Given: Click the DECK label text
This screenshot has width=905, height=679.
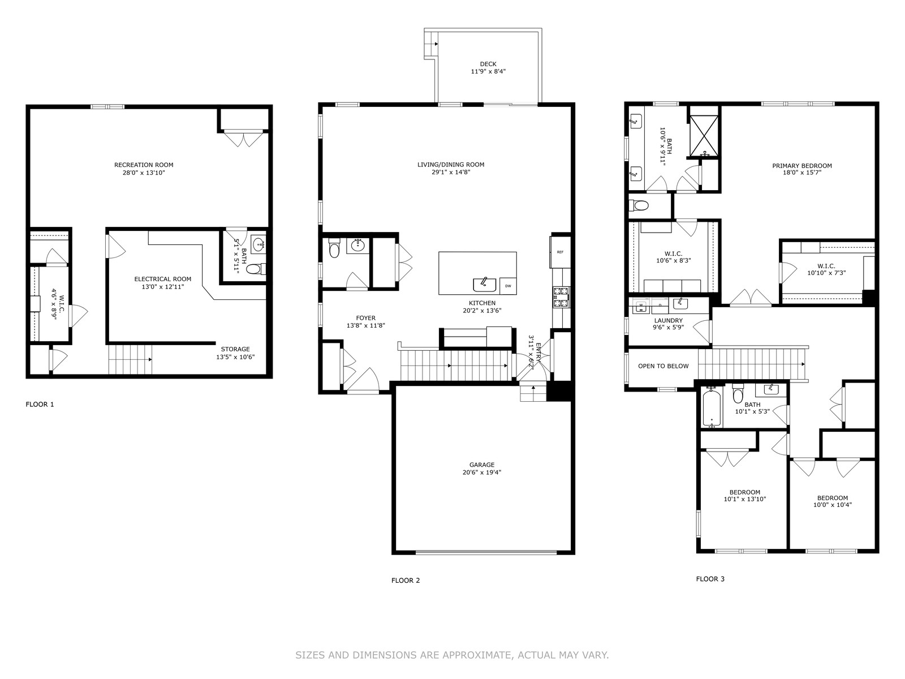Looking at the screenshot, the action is (488, 64).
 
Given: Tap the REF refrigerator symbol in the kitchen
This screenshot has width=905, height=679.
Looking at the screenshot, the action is (560, 252).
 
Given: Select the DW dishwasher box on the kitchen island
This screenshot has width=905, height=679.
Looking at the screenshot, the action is (508, 286).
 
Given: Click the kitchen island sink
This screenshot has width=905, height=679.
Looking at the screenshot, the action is (485, 285).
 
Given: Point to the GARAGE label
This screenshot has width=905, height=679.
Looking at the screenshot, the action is (481, 465).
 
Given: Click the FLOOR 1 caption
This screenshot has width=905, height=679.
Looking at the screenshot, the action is (40, 405).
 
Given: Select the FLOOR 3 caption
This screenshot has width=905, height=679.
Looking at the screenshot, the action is (710, 579).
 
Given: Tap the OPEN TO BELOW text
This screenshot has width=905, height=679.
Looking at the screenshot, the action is (663, 366).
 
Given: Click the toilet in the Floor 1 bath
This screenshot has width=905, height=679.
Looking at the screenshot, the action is (256, 269).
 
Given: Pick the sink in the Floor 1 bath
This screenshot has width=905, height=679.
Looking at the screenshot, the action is (259, 244).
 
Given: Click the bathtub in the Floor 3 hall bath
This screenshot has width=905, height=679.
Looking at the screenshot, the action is (712, 408).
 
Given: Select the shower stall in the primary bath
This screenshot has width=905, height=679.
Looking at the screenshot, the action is (705, 136).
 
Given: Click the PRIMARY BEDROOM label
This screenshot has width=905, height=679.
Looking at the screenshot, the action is (802, 166).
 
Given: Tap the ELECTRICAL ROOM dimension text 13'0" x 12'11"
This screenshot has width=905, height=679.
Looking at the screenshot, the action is (163, 286).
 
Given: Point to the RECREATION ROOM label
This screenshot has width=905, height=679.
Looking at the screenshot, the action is (144, 165).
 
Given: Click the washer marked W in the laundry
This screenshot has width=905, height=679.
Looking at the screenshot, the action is (641, 305).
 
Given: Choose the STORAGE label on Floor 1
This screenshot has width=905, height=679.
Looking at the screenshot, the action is (235, 349).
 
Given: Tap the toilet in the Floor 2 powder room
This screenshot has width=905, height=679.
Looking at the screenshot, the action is (334, 248).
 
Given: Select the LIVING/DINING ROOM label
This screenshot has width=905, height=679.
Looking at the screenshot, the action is (451, 165).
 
